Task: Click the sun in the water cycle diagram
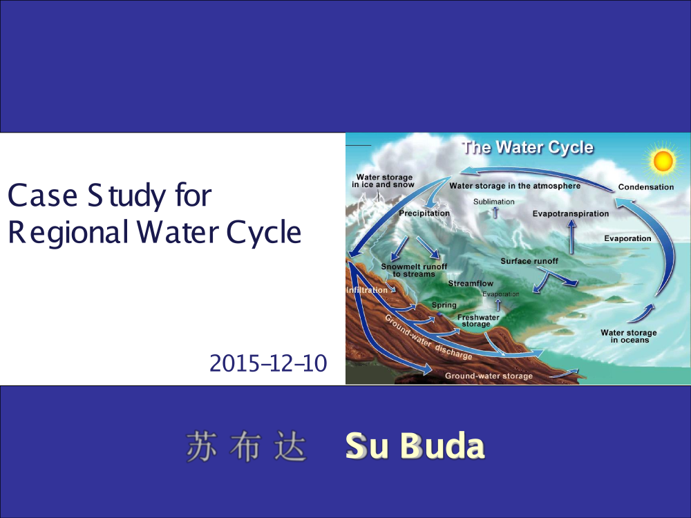point(663,161)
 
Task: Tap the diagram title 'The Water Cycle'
point(527,147)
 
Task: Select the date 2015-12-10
point(268,363)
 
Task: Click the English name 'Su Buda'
point(415,446)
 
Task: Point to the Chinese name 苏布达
point(246,446)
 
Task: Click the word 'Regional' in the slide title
point(68,233)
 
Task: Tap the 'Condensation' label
point(645,186)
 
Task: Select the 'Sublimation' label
point(493,202)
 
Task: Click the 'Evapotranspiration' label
point(571,213)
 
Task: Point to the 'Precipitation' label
point(424,213)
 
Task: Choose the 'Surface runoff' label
point(529,261)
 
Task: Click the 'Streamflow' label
point(471,283)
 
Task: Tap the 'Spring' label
point(444,305)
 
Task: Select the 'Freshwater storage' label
point(477,320)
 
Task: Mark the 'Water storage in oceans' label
point(628,336)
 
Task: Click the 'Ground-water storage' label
point(489,376)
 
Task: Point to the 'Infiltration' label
point(367,290)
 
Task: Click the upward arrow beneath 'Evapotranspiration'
point(571,237)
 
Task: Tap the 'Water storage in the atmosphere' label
point(515,186)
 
